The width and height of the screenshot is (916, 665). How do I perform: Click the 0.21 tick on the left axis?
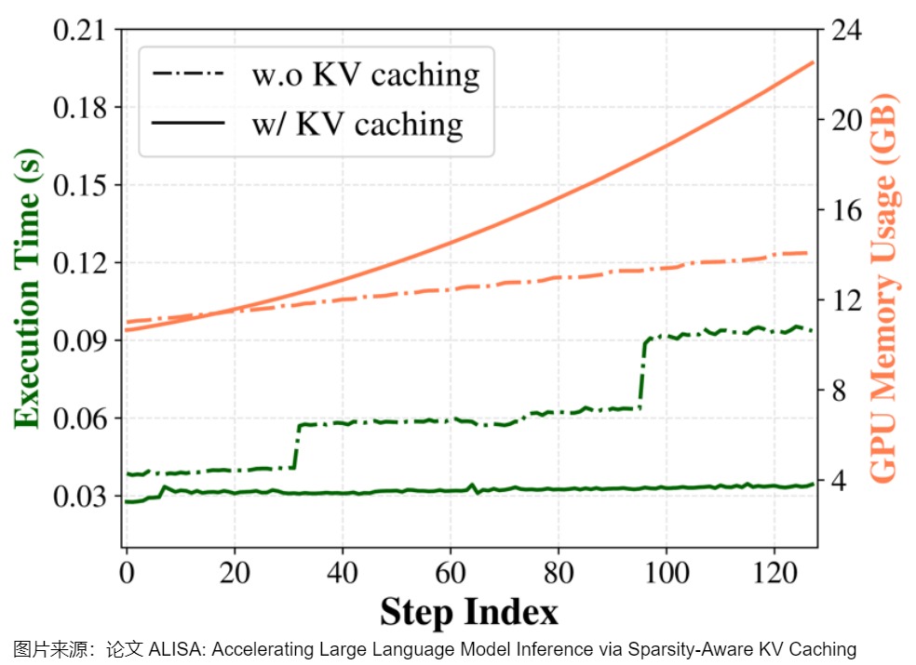[80, 30]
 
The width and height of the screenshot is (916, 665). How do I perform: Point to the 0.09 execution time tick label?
[80, 340]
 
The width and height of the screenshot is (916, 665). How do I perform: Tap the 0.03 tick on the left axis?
[80, 496]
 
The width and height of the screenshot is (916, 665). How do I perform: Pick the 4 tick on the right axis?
[839, 482]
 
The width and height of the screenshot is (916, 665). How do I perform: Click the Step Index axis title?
[469, 612]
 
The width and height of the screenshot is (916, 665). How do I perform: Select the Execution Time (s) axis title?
[28, 288]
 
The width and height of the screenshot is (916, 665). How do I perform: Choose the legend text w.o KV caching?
[365, 74]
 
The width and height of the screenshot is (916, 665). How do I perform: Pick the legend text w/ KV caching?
[356, 124]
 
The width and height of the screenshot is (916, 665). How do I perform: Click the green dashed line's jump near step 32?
[297, 446]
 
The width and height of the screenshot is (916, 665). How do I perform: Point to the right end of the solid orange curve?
[813, 62]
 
